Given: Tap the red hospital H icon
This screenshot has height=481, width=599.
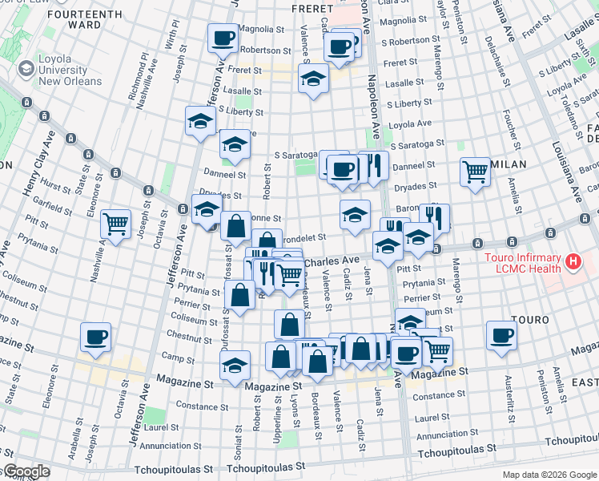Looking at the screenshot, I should [x=573, y=261].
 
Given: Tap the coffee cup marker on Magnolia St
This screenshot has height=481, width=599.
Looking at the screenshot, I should [x=223, y=37].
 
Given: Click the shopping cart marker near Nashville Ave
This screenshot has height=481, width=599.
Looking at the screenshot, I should [x=116, y=224].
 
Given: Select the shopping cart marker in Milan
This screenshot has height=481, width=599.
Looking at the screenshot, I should [x=476, y=172].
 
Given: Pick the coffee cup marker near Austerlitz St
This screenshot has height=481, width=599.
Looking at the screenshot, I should [x=501, y=335].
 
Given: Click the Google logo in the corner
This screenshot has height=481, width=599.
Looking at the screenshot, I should [x=26, y=471].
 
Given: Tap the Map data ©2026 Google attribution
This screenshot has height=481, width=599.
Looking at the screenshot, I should [x=548, y=475].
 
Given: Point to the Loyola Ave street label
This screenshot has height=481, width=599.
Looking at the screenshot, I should [x=409, y=123].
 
